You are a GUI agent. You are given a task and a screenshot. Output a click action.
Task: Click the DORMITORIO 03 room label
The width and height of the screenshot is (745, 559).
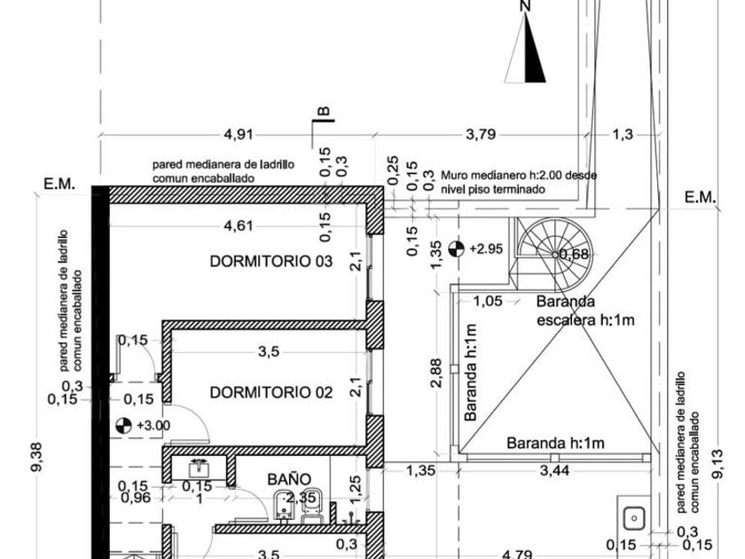271,262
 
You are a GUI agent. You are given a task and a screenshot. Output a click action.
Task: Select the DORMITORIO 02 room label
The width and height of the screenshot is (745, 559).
271,392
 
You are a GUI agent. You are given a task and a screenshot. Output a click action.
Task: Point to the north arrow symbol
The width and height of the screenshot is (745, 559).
525,48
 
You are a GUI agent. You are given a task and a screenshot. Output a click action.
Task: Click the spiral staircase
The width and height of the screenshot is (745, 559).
554,255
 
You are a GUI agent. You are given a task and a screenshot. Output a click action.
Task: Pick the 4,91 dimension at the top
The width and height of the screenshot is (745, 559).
239,135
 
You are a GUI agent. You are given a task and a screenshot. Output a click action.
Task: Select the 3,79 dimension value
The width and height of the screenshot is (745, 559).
481,135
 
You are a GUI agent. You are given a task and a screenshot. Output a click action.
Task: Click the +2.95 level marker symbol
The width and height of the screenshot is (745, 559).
456,248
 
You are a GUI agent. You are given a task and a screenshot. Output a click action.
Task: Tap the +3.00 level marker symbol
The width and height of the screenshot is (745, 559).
123,425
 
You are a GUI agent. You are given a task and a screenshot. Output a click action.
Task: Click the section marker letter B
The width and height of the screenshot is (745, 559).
323,111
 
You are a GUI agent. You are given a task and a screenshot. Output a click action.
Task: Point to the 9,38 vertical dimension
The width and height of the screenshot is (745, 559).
37,457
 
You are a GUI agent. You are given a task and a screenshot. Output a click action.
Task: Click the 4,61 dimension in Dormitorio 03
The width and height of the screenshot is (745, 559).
239,225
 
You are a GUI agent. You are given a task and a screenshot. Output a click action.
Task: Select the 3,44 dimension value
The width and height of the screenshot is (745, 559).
555,470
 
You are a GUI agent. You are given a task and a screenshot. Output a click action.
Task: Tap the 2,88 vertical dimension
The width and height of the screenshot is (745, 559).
436,373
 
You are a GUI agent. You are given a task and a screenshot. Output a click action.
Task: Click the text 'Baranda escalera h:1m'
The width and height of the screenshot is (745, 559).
585,311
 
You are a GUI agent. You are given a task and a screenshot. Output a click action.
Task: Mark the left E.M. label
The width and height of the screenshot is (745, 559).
59,184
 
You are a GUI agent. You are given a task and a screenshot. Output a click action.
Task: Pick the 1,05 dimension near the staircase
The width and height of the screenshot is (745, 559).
488,302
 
